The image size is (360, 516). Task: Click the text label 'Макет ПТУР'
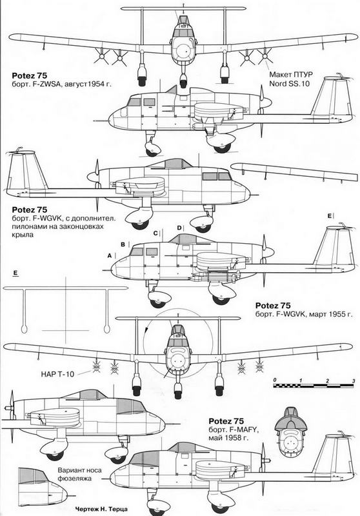[x=290, y=74]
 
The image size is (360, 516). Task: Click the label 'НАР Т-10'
[x=57, y=374]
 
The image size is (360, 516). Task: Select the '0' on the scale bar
[x=275, y=381]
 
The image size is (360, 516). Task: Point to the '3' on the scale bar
[x=354, y=381]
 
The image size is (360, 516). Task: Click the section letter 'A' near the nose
[x=110, y=255]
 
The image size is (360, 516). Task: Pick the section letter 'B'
[x=123, y=244]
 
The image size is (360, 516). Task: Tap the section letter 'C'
[x=155, y=233]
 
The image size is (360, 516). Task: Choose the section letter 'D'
[x=179, y=228]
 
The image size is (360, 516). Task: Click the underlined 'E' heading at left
[x=15, y=273]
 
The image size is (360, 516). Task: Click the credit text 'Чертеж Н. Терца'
[x=101, y=509]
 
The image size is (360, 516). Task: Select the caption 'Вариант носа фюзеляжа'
[x=79, y=474]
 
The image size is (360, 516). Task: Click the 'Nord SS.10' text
[x=289, y=83]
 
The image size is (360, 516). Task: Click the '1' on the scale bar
[x=301, y=381]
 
